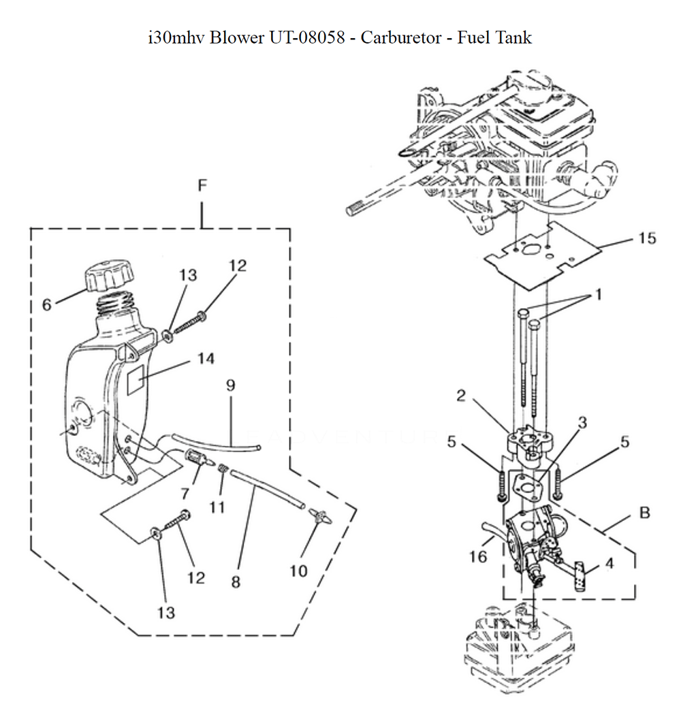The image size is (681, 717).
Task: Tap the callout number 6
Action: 47,305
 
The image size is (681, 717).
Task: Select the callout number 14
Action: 206,358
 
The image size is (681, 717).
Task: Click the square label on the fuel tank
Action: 136,379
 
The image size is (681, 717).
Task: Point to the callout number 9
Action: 230,385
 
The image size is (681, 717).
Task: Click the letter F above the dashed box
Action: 202,185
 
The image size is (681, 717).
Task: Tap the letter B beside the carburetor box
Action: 645,513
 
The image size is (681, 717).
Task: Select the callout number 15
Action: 647,238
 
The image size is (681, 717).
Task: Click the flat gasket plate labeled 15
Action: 543,256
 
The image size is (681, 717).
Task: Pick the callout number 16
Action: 478,556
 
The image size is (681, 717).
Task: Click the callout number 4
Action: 609,563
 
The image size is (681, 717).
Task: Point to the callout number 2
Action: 461,396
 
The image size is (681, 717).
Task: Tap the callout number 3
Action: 582,423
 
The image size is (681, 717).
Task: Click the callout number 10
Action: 298,571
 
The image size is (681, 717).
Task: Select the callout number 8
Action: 236,582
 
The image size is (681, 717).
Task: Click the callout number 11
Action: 217,507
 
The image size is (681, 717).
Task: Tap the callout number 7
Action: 185,494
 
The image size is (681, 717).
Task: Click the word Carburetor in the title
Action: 400,37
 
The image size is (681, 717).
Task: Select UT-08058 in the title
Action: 307,37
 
